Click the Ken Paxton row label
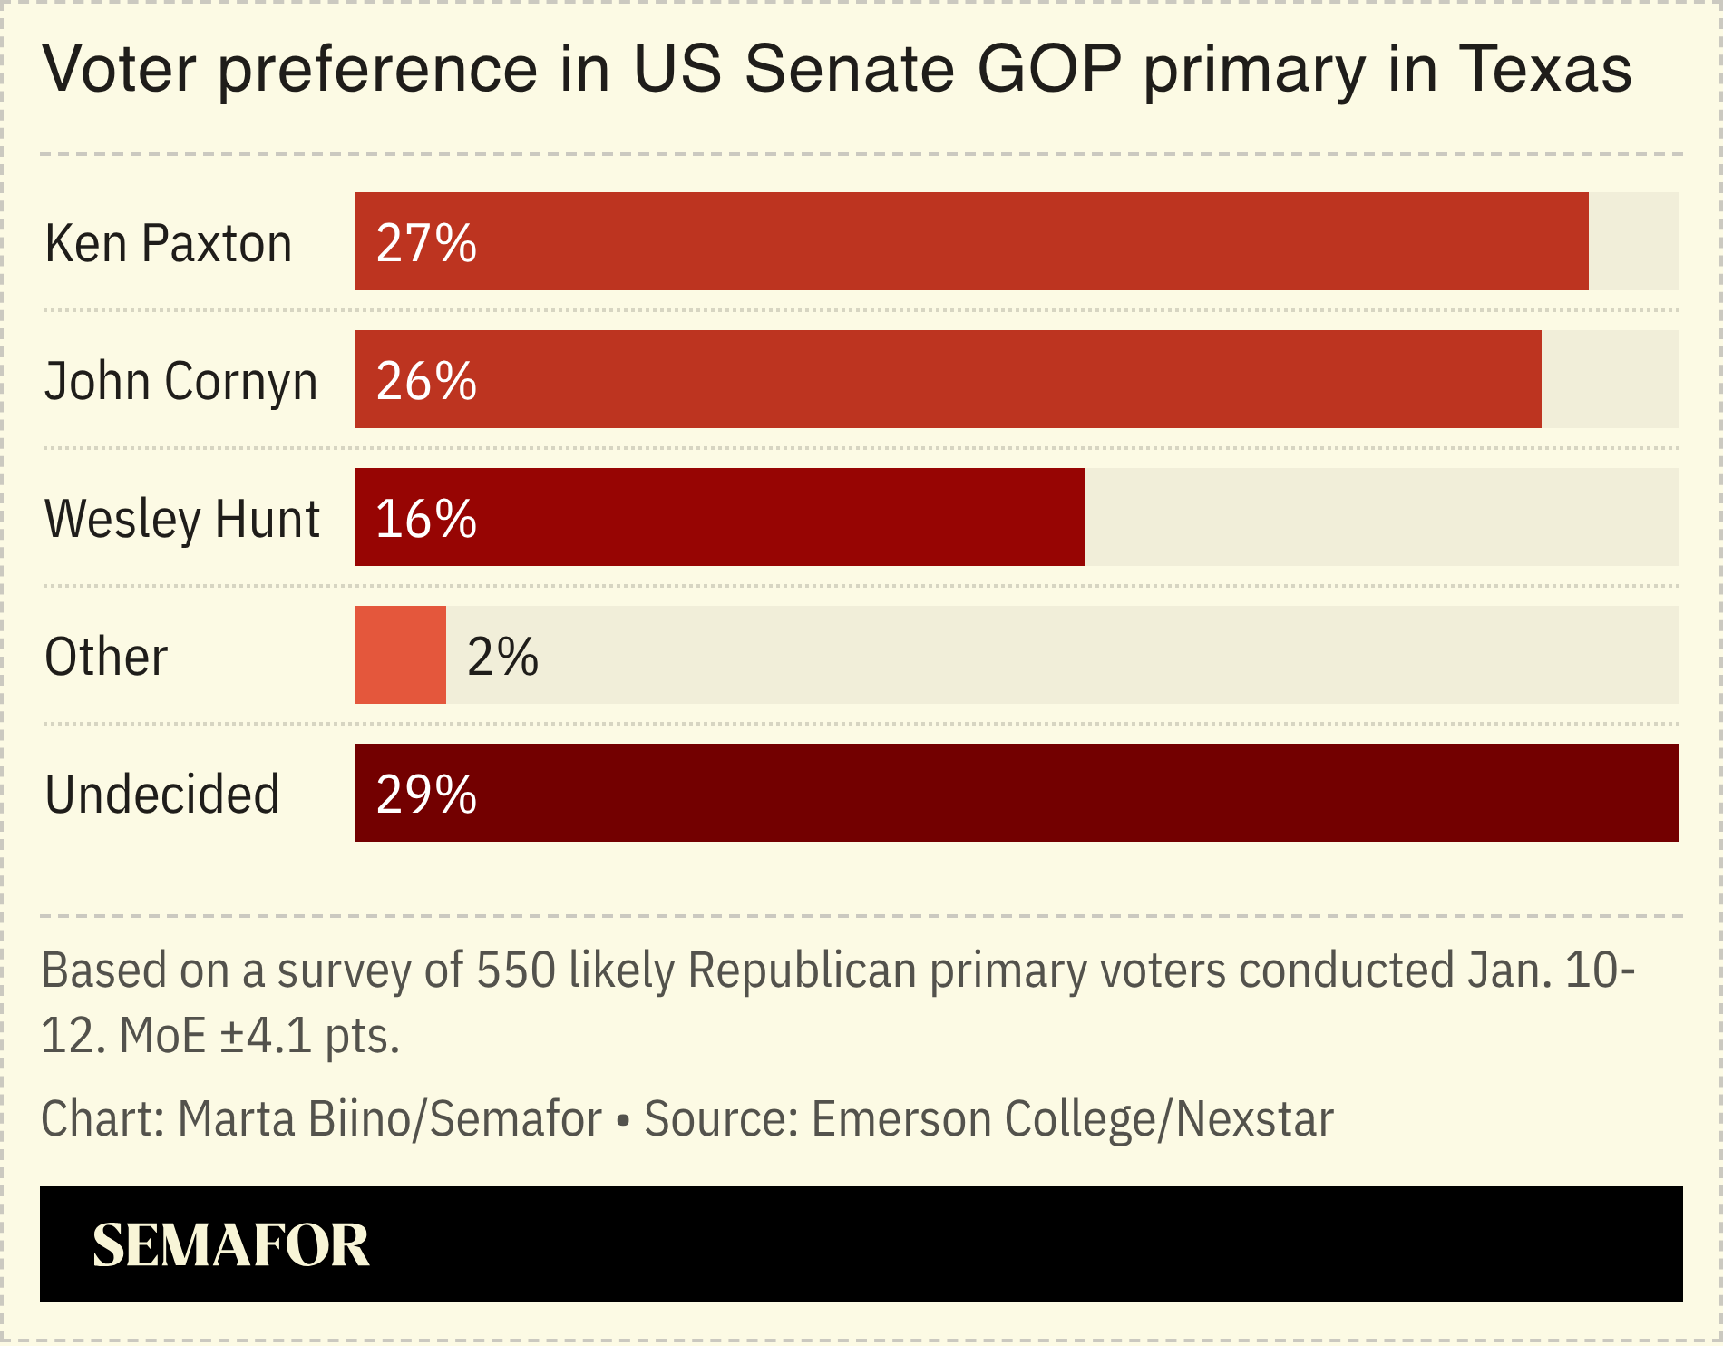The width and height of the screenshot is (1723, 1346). point(168,243)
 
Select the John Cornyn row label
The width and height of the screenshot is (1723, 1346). point(180,381)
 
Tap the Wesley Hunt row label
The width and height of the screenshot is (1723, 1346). point(181,519)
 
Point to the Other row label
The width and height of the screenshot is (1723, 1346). point(106,657)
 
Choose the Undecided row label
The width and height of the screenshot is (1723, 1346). point(161,795)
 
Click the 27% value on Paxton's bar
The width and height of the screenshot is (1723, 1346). point(425,243)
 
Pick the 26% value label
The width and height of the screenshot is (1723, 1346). point(425,381)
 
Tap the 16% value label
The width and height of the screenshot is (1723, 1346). point(425,519)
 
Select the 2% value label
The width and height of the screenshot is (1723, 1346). point(502,657)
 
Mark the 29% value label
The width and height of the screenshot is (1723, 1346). point(425,795)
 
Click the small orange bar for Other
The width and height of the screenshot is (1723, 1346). point(400,655)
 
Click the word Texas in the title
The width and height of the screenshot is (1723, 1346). point(1544,69)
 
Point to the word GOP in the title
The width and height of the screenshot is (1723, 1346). point(1049,69)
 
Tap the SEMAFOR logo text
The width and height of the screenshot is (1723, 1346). point(231,1244)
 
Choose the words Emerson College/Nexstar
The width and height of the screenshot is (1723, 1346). point(1072,1118)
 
